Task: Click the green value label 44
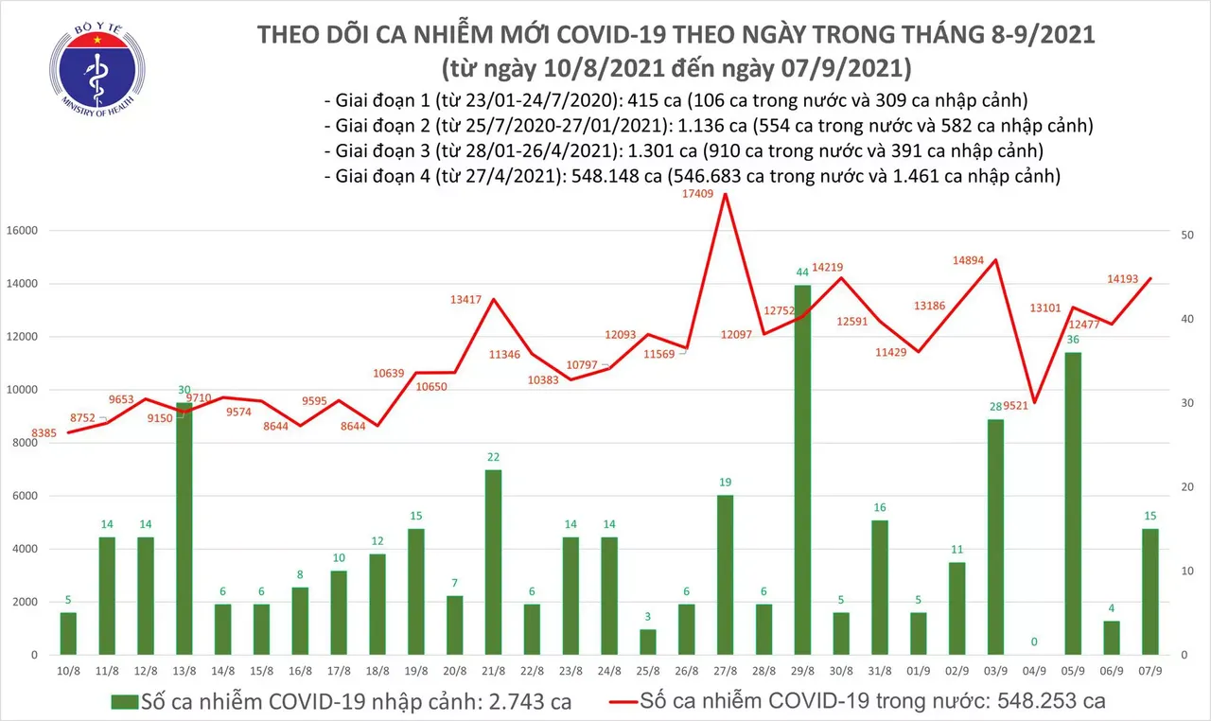(801, 273)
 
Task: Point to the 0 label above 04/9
(1034, 642)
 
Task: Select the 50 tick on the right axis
(1191, 235)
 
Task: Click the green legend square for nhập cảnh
(124, 702)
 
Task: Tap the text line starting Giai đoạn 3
(683, 150)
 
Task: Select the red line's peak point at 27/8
(725, 195)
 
